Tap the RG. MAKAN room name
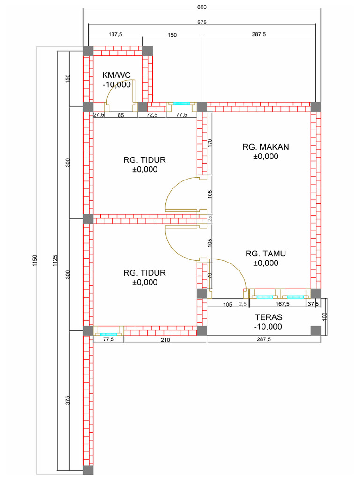click(x=266, y=147)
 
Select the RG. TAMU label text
click(x=266, y=254)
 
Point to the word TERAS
click(x=268, y=317)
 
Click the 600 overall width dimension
click(x=202, y=7)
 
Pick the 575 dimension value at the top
click(x=202, y=22)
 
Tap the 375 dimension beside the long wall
click(x=67, y=400)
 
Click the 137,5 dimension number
click(x=115, y=34)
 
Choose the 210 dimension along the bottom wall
click(x=165, y=340)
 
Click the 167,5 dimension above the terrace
click(x=283, y=304)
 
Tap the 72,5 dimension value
click(x=153, y=115)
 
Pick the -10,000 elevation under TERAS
click(x=268, y=326)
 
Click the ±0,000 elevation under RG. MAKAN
click(x=266, y=157)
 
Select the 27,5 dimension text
click(x=98, y=115)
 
